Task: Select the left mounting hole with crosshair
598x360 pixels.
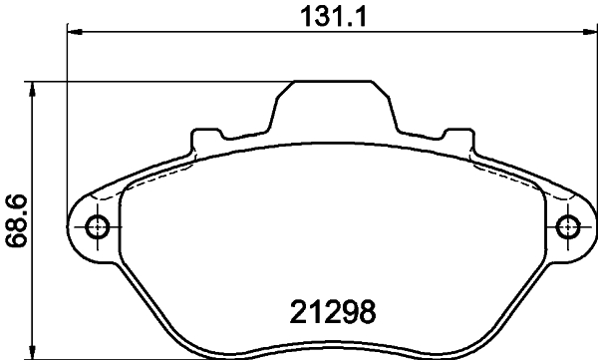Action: (97, 226)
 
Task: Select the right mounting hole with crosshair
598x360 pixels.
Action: (567, 226)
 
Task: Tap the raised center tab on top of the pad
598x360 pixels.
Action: (331, 100)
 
